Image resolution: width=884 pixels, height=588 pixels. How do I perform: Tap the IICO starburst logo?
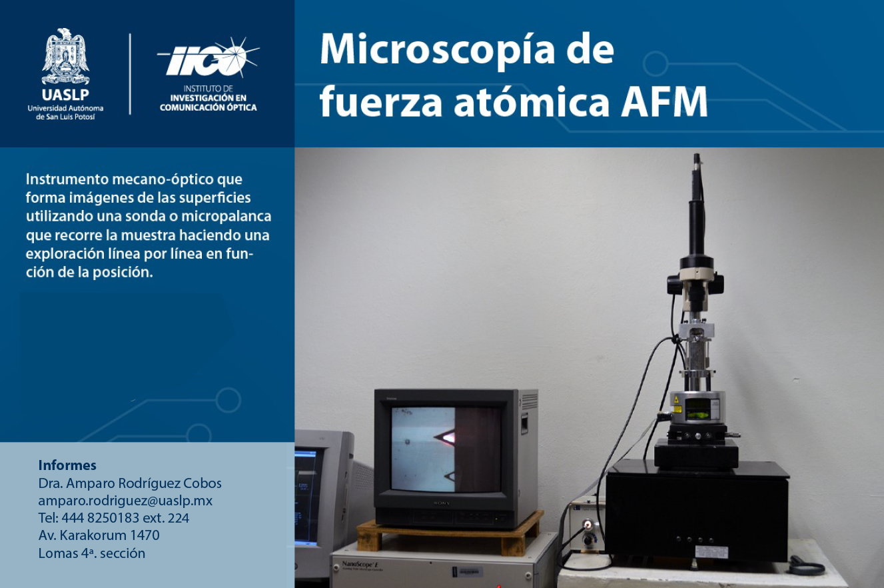point(209,57)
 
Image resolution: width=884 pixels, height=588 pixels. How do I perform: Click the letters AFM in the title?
point(664,102)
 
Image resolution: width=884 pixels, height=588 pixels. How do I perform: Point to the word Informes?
point(67,465)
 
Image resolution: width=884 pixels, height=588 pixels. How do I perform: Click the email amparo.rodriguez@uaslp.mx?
point(125,501)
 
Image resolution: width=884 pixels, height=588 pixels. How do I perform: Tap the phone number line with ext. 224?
point(114,518)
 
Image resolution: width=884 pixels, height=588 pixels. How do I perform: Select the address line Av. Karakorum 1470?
point(99,535)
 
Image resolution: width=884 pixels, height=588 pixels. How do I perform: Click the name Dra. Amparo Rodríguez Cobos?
point(130,483)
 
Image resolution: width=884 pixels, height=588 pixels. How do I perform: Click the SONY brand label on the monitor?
point(442,503)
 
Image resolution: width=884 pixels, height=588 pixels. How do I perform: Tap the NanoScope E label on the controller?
point(361,564)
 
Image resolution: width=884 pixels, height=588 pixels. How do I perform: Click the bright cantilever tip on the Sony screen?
point(448,437)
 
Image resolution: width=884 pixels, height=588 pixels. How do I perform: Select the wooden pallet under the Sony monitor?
point(449,534)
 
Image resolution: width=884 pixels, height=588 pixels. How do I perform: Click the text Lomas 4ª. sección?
point(91,553)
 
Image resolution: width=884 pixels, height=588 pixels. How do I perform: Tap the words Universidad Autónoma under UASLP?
point(65,108)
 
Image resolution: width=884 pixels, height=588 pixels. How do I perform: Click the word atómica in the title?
point(532,102)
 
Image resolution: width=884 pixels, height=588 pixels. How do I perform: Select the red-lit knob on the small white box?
point(588,525)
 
